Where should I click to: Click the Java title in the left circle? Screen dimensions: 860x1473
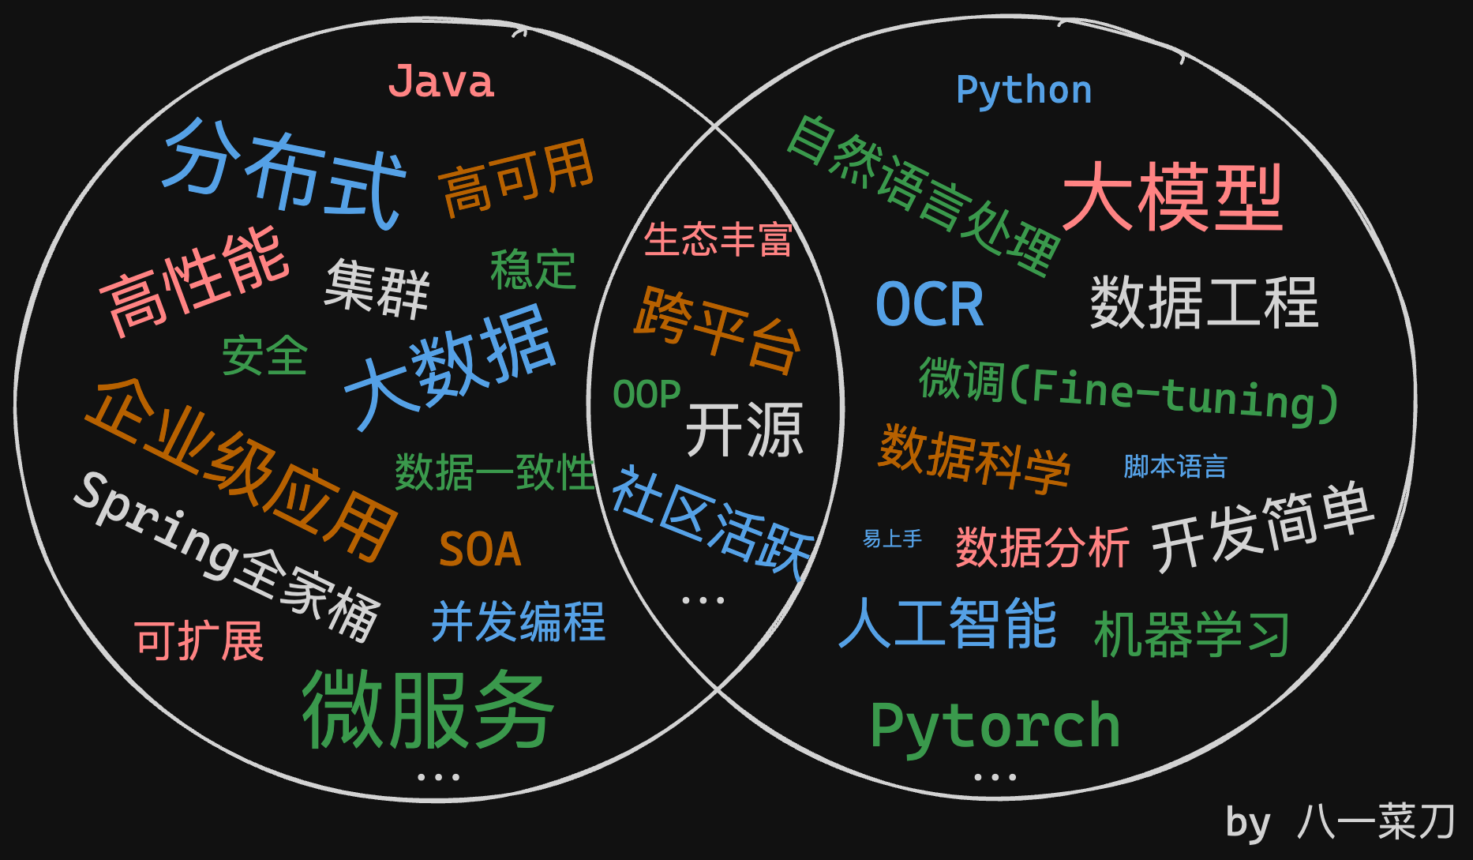pos(441,82)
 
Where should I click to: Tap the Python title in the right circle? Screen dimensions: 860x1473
pos(1024,91)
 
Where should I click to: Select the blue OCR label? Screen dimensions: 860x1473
pos(930,304)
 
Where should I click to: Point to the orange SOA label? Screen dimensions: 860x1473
pos(480,550)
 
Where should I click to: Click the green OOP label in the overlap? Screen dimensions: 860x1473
pos(647,395)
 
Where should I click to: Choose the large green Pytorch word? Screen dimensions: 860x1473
pos(995,727)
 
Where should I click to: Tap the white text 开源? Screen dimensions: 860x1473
pos(744,430)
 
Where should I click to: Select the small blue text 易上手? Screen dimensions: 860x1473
pos(892,539)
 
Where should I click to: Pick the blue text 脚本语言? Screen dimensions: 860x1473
pos(1175,467)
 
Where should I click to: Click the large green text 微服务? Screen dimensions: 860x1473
pos(428,709)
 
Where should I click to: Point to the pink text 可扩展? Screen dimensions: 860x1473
pos(200,640)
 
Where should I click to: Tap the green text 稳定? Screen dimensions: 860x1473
pos(533,270)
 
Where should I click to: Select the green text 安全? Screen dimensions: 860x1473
pos(264,355)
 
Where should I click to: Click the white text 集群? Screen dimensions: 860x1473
pos(377,289)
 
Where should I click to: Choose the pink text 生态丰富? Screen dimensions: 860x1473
pos(718,239)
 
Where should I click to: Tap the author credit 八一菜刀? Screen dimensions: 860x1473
pos(1375,822)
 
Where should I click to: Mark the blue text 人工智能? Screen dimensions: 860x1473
pos(947,624)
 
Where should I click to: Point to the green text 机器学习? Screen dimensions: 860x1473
pos(1192,634)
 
